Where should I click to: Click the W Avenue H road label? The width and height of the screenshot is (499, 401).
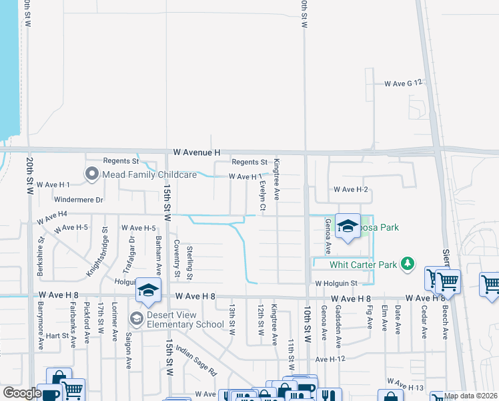point(196,153)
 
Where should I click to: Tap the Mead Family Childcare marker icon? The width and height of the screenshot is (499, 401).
point(92,174)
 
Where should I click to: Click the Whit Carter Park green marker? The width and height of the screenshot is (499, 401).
point(406,265)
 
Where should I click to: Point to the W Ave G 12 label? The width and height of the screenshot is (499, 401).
point(404,84)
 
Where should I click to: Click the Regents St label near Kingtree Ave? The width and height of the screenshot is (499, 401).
point(249,162)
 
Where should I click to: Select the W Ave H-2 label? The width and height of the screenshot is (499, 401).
point(352,190)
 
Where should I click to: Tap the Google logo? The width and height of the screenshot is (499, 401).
point(22,392)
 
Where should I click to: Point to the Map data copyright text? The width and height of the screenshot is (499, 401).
point(470,396)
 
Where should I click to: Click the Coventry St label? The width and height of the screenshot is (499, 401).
point(177,258)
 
